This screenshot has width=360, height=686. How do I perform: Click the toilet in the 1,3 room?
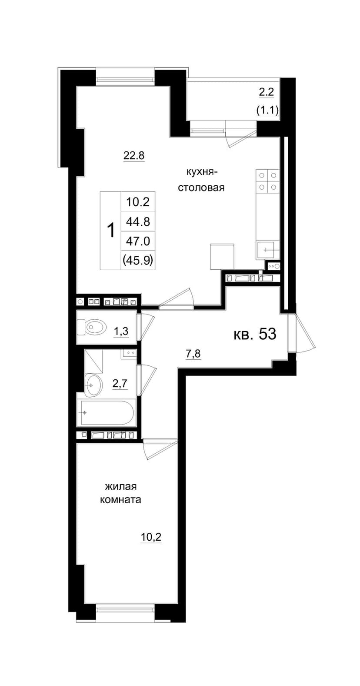[x=91, y=327]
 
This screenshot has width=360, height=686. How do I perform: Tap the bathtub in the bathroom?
[x=107, y=412]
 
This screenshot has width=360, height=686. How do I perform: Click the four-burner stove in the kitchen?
[x=267, y=181]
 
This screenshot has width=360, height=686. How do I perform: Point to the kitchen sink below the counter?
[x=267, y=250]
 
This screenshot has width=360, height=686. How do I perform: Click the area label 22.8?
[x=133, y=156]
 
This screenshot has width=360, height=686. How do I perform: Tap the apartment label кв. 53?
[x=255, y=334]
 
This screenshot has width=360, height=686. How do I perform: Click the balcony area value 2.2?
[x=266, y=93]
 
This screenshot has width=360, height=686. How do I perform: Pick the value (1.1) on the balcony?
[x=267, y=110]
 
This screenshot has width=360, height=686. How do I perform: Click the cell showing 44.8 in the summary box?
[x=138, y=221]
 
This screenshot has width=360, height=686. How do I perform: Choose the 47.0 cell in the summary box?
[x=138, y=241]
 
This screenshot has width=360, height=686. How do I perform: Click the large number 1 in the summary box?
[x=111, y=230]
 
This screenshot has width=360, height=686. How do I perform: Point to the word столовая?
[x=201, y=187]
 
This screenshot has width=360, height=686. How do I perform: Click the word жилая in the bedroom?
[x=116, y=487]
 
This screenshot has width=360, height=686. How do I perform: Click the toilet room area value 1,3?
[x=121, y=331]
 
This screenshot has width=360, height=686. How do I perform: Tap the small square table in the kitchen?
[x=222, y=257]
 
